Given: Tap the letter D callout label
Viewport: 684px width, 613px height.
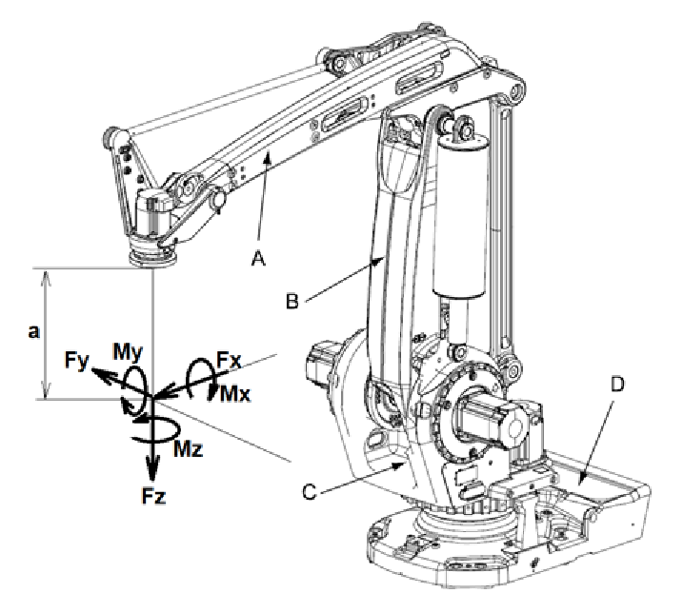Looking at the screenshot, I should pos(619,385).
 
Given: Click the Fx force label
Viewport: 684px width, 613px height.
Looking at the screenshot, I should pos(227,361).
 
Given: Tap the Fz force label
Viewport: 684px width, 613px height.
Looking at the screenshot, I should pos(152,495).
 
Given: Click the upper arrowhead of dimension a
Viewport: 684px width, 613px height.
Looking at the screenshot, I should pos(45,273).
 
